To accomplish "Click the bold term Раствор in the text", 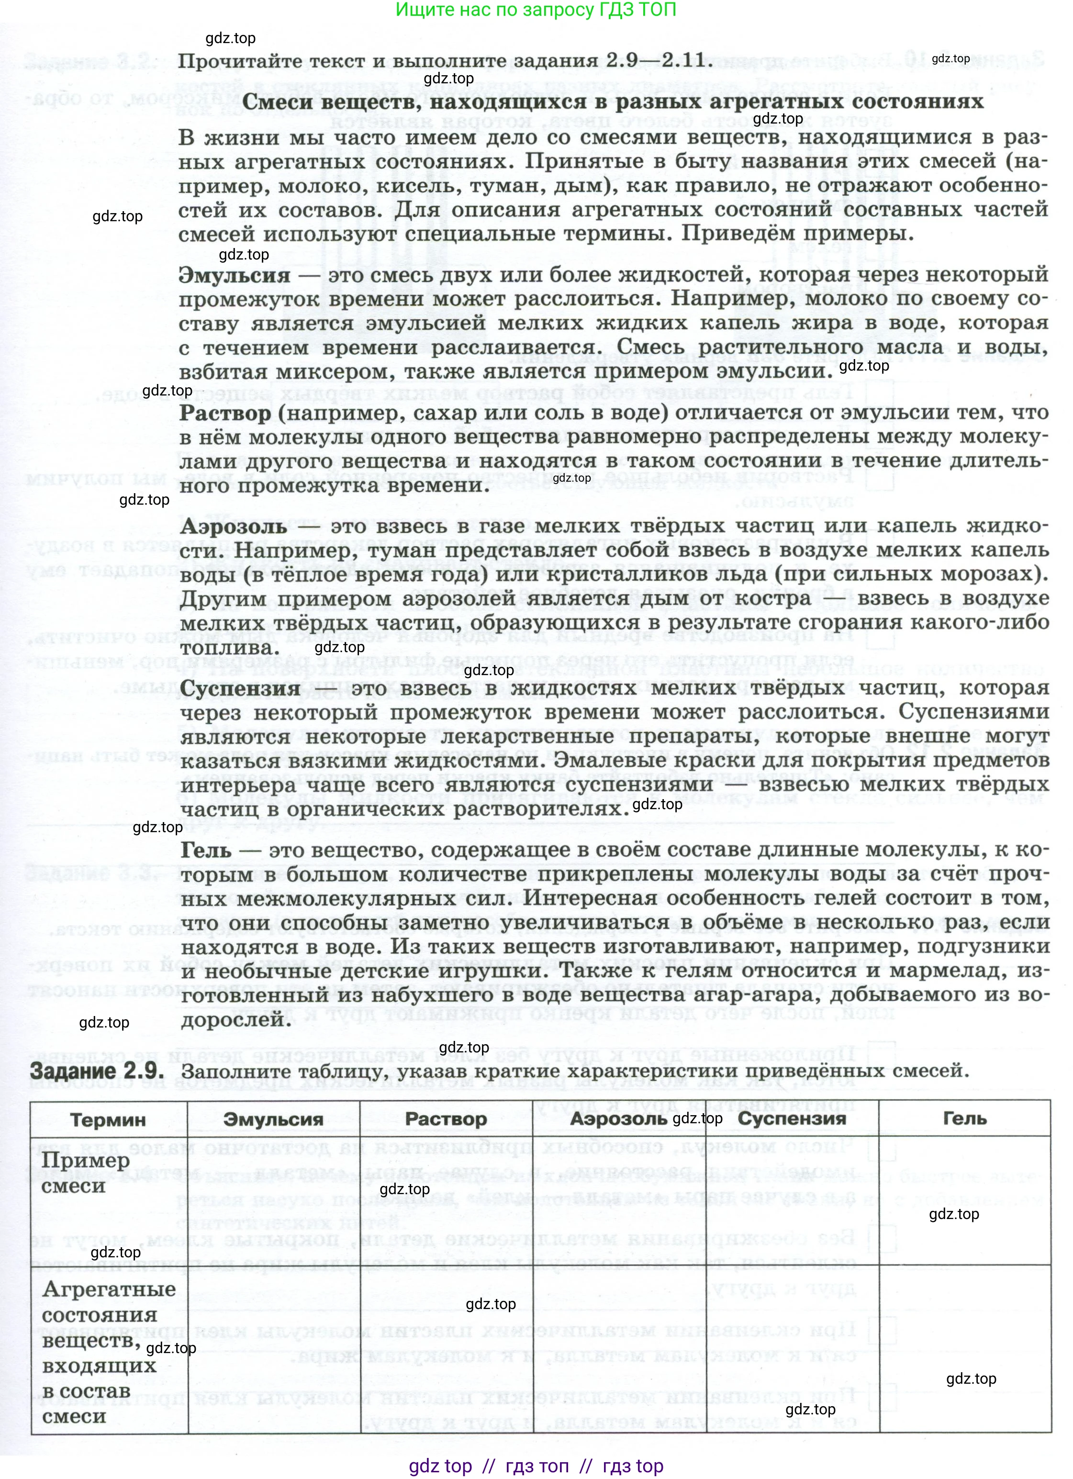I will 225,413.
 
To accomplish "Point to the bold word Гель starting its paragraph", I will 205,850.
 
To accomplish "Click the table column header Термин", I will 108,1120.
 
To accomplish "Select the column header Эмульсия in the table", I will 273,1120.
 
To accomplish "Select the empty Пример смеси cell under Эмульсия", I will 273,1200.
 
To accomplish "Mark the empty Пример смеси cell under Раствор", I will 446,1200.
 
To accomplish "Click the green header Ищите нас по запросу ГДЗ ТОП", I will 536,10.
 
